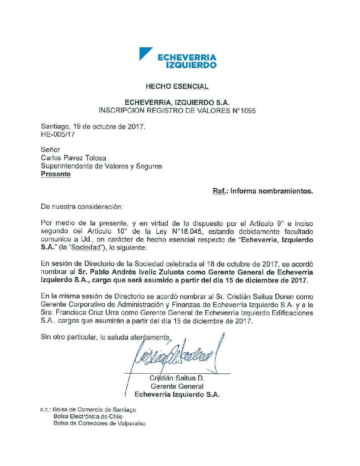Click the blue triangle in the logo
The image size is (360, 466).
(144, 53)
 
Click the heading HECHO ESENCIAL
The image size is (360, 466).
(177, 87)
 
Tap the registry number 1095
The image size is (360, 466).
(248, 111)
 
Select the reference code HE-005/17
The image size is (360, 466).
(58, 135)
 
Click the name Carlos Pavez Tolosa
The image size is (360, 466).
(73, 158)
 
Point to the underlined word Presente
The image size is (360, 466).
(56, 174)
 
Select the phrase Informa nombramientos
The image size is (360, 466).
(272, 191)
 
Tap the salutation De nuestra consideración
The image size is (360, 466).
(81, 207)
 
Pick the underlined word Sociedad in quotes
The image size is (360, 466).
(86, 248)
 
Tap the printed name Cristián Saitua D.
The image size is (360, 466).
(177, 378)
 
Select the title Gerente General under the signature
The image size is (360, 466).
(177, 386)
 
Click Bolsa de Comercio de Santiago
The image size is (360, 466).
(94, 410)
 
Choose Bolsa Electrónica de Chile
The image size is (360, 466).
(88, 416)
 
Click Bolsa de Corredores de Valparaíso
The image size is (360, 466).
(99, 423)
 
